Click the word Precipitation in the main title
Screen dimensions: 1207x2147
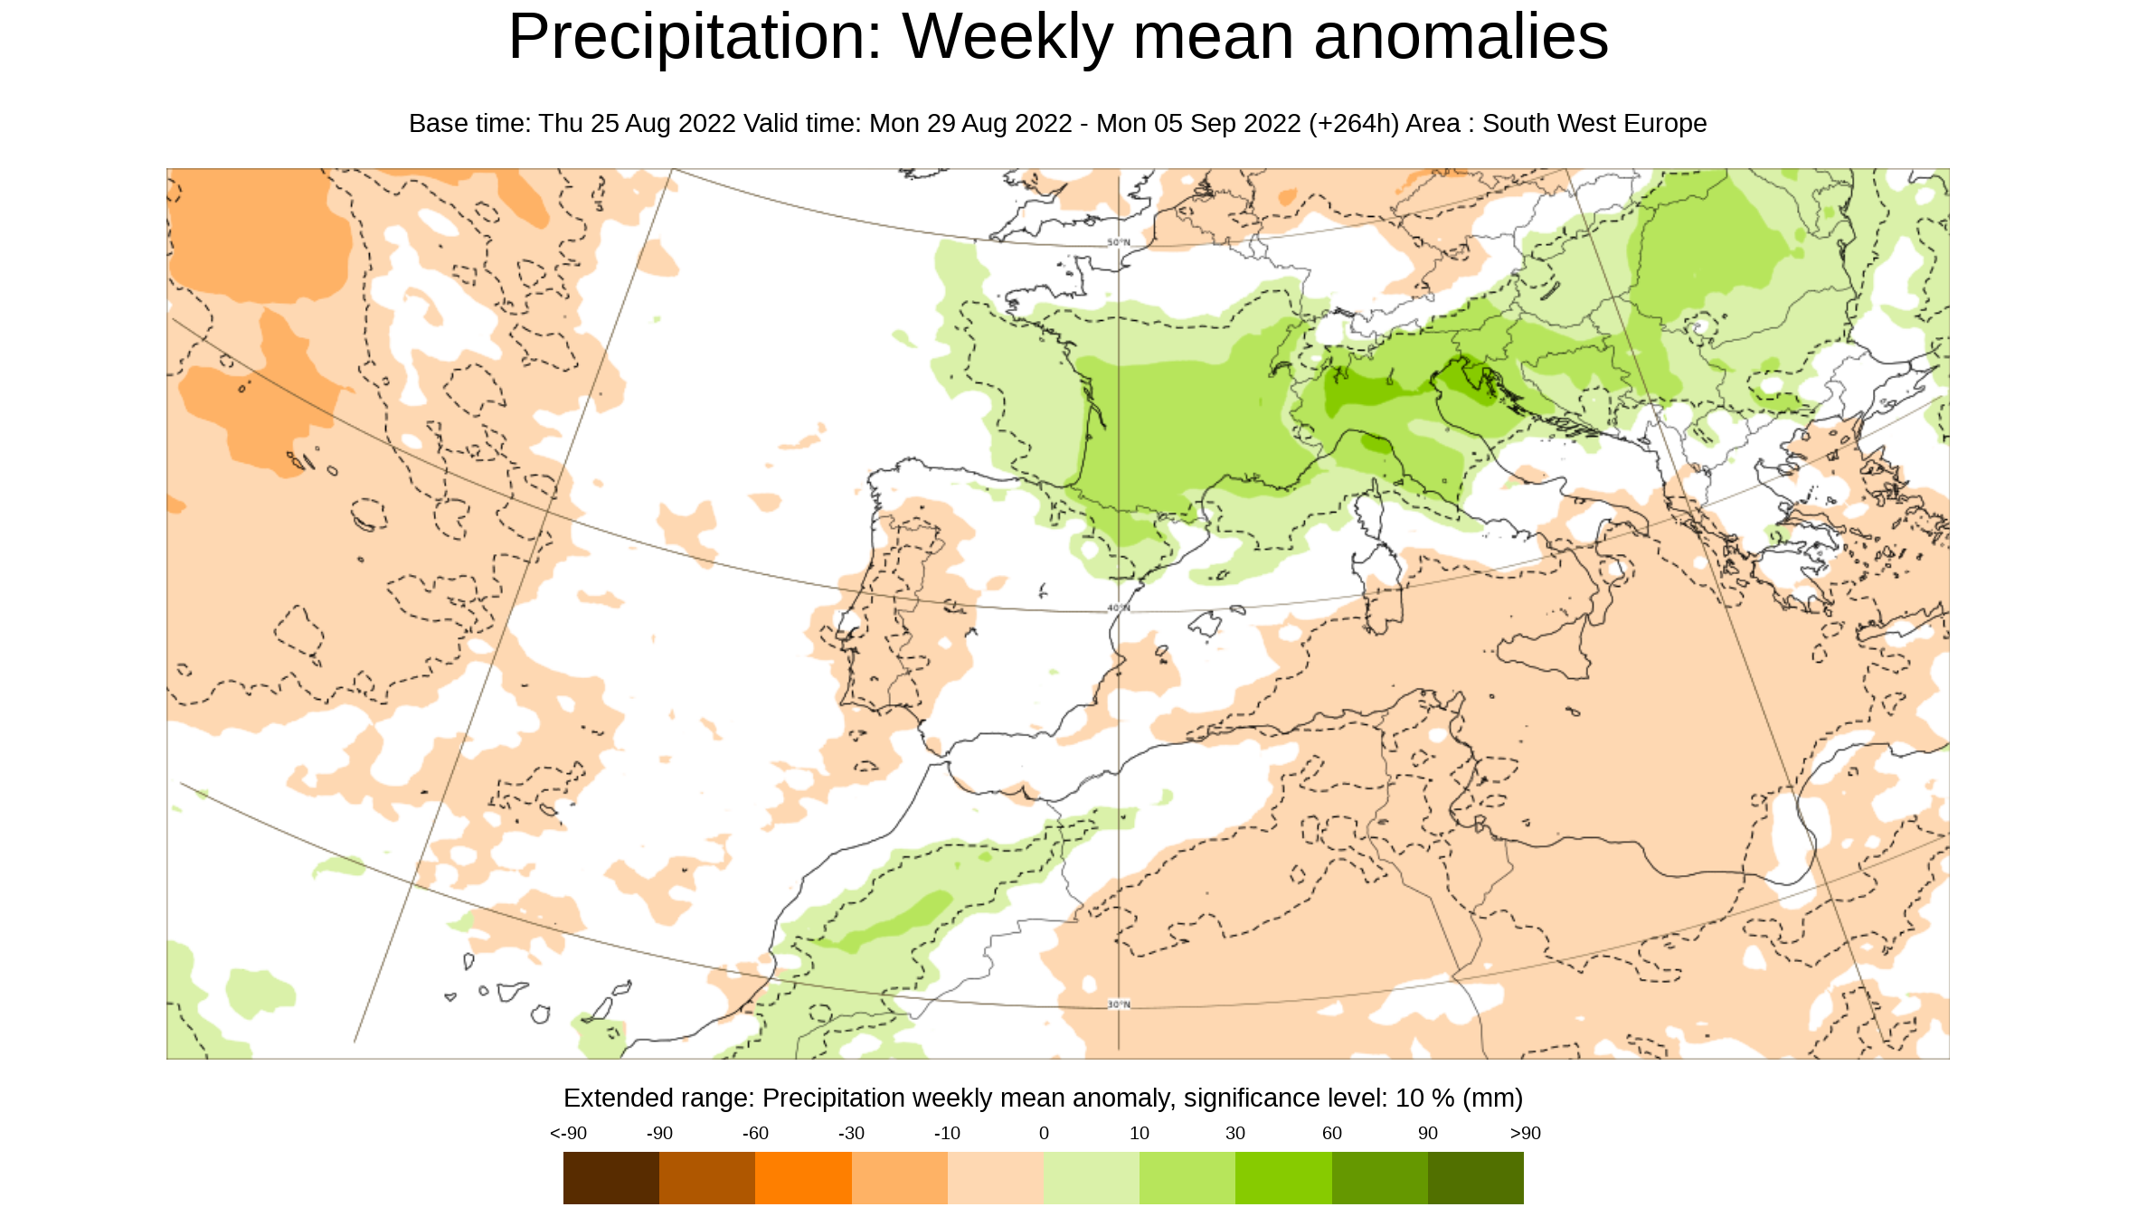pyautogui.click(x=694, y=38)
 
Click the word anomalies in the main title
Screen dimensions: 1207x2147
pyautogui.click(x=1461, y=38)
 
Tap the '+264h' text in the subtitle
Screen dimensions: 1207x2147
pyautogui.click(x=1354, y=124)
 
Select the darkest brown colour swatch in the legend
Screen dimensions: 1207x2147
pyautogui.click(x=610, y=1177)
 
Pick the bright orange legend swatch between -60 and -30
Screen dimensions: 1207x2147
pyautogui.click(x=803, y=1177)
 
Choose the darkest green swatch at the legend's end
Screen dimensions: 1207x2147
pyautogui.click(x=1475, y=1177)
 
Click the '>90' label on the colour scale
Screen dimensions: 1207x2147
pyautogui.click(x=1525, y=1134)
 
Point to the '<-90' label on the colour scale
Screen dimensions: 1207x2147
pyautogui.click(x=568, y=1134)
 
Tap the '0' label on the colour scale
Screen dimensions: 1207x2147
pyautogui.click(x=1044, y=1134)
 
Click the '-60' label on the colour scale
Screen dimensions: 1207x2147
pyautogui.click(x=755, y=1134)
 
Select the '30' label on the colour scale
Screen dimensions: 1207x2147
pyautogui.click(x=1235, y=1134)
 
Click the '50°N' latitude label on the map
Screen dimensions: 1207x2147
pyautogui.click(x=1119, y=242)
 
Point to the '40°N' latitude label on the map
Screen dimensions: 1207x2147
pyautogui.click(x=1119, y=608)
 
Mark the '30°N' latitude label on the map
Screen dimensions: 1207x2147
pyautogui.click(x=1119, y=1004)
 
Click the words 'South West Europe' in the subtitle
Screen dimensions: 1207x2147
pyautogui.click(x=1594, y=124)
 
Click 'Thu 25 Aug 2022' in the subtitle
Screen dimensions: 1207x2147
pyautogui.click(x=637, y=124)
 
